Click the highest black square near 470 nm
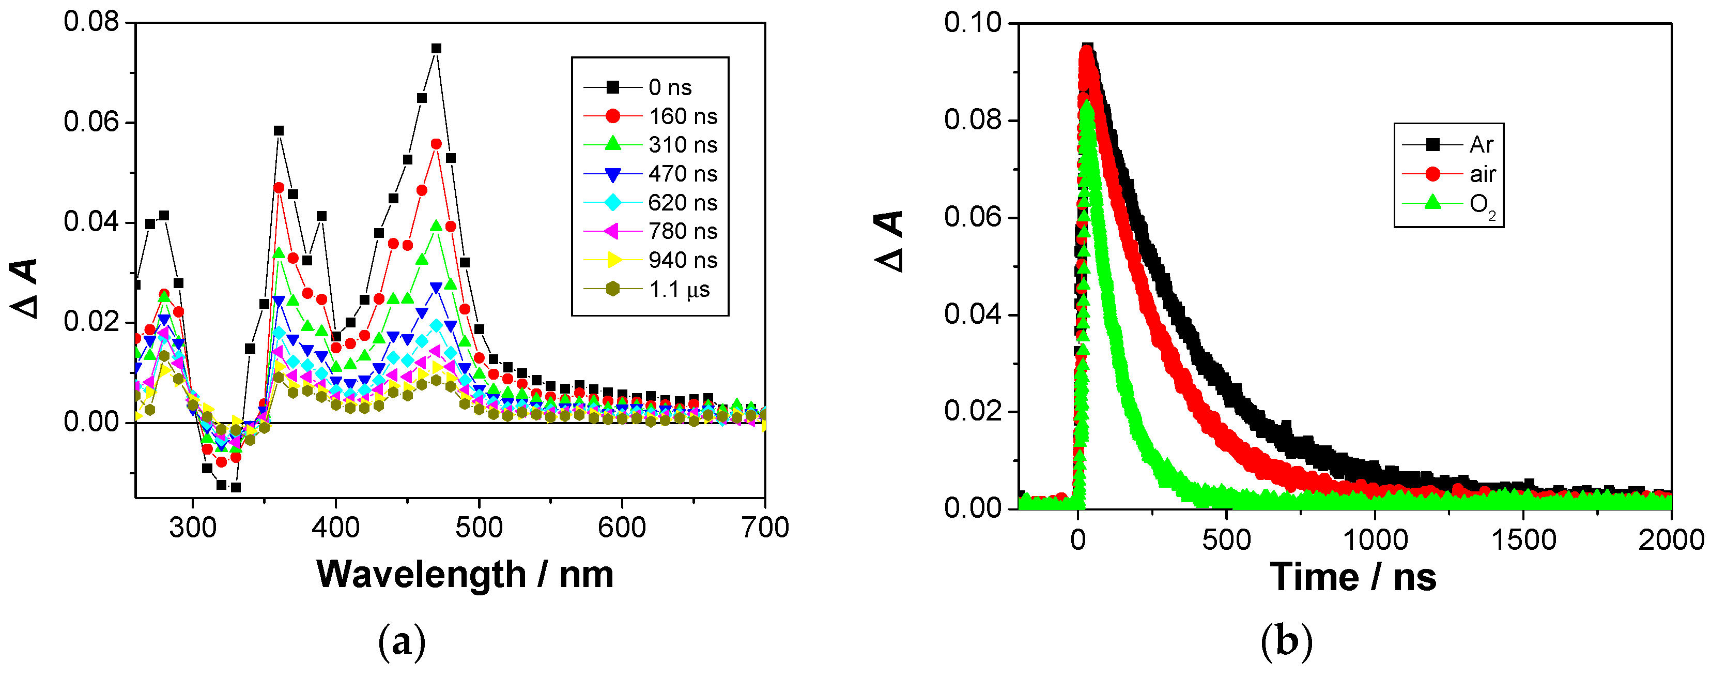[436, 49]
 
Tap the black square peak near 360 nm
[279, 131]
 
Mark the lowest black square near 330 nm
[236, 487]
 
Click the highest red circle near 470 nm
[436, 144]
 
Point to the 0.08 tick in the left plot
[91, 22]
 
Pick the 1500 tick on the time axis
[1524, 539]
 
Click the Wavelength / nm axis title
[465, 574]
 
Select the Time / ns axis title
[1353, 577]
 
